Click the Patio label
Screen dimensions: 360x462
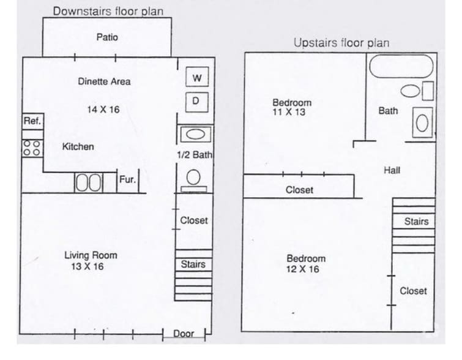(107, 37)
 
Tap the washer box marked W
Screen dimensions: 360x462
(196, 78)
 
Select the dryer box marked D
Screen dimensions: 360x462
(196, 100)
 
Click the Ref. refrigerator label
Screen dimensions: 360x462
(32, 121)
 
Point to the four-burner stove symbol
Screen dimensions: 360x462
(32, 148)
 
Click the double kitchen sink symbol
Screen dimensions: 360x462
(89, 182)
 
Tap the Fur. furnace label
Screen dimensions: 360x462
(128, 179)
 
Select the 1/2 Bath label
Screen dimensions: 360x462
(194, 155)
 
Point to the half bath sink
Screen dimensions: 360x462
(195, 135)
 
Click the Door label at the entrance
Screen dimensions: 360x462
(184, 334)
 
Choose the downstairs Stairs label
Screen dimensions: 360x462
(193, 264)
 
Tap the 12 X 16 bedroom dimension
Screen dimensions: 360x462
(303, 269)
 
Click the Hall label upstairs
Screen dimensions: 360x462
(392, 170)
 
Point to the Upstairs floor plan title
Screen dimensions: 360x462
(341, 43)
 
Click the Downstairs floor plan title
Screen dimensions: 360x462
(108, 10)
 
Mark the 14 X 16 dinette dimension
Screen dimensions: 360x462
(103, 110)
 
